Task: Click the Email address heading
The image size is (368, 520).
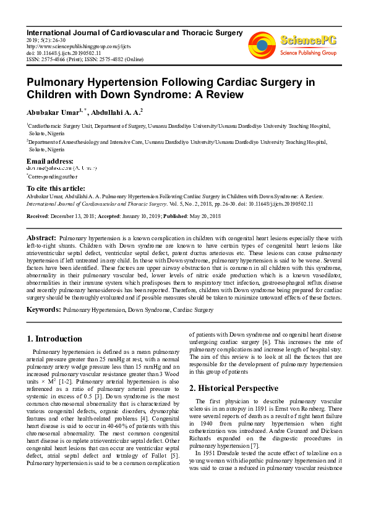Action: pyautogui.click(x=49, y=161)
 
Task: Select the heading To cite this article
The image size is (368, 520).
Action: pyautogui.click(x=56, y=188)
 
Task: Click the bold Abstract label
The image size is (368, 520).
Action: pyautogui.click(x=42, y=238)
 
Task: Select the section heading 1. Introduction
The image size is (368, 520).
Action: pyautogui.click(x=55, y=338)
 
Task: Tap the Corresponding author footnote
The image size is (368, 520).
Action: pyautogui.click(x=51, y=177)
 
